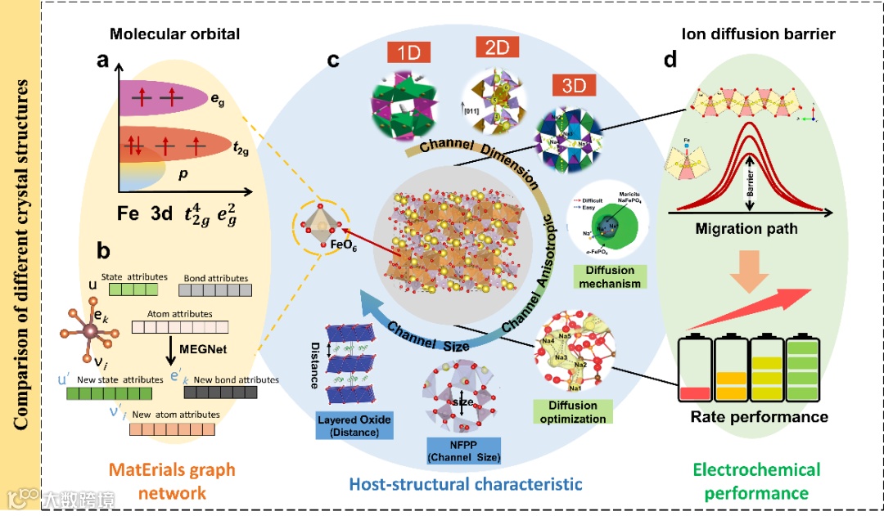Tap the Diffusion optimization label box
tap(573, 412)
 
